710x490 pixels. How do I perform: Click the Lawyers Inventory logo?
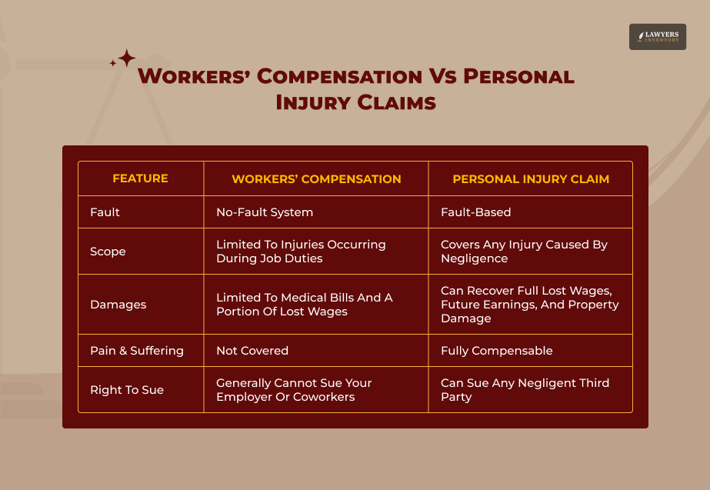658,37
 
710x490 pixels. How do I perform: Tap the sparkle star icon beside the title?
125,58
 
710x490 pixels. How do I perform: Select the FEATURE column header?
140,178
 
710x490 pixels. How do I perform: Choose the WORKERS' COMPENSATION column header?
316,179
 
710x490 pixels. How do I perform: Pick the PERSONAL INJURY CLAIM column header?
531,179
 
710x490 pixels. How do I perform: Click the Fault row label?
105,212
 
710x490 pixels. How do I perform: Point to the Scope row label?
108,252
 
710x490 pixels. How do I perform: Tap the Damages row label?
118,305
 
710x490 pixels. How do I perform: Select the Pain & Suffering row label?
137,351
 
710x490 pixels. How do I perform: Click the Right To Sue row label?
127,390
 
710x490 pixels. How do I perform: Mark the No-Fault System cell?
265,212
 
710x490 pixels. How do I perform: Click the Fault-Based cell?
475,212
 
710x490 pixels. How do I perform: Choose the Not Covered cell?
252,351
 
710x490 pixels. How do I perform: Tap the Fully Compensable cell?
497,351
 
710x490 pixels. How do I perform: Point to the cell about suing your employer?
294,390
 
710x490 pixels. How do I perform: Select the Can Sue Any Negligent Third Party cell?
525,390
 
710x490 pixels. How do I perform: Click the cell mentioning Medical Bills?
304,305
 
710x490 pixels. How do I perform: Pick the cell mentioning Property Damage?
529,305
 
